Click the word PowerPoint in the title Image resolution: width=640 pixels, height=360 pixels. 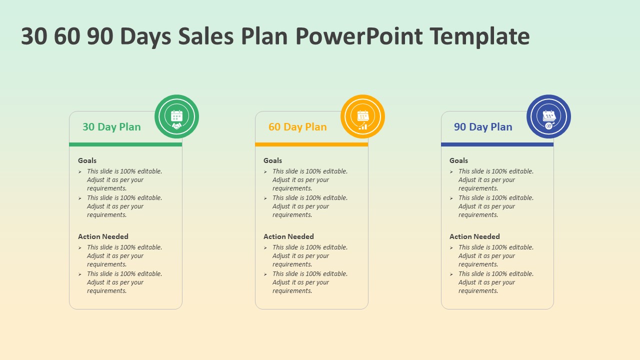point(359,36)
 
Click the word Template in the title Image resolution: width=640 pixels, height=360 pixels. point(479,36)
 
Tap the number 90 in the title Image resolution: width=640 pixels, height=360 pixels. point(100,36)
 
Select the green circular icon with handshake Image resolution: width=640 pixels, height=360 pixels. point(177,116)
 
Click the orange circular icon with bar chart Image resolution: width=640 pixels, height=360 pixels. point(362,116)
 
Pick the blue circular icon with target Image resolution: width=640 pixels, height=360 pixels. point(548,116)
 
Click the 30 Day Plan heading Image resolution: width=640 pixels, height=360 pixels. point(111,127)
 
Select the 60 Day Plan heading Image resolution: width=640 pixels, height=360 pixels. point(297,127)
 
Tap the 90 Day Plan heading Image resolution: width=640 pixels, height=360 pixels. point(483,127)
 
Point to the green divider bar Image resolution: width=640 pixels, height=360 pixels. point(125,144)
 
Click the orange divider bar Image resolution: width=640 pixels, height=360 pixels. point(311,144)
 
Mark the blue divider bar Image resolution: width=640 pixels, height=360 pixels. point(497,144)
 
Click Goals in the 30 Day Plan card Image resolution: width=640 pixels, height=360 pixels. point(87,160)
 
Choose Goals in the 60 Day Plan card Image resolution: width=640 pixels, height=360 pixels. point(272,160)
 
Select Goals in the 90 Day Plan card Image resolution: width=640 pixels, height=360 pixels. point(458,160)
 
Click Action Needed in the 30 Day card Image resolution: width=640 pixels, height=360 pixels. point(103,236)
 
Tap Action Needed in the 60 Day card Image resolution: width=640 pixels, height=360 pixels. point(288,236)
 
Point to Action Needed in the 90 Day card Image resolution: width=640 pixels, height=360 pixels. point(474,236)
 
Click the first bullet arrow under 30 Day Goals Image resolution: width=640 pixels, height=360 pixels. point(79,171)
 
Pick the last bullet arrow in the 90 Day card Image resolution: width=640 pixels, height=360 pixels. point(451,274)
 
